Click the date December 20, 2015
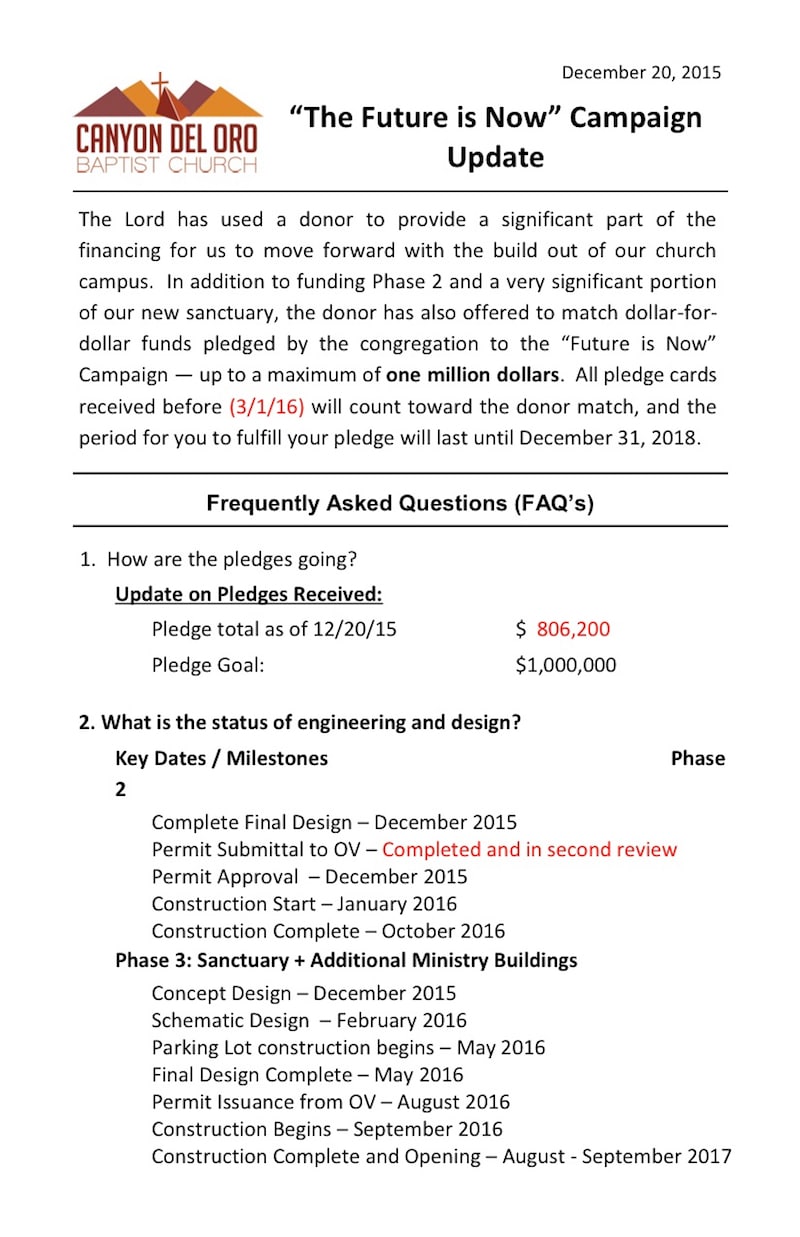(x=641, y=72)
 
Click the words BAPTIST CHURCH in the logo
(x=166, y=164)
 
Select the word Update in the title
(x=495, y=158)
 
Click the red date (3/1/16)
(x=266, y=407)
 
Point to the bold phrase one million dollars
(x=473, y=376)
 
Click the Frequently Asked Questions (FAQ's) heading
(x=400, y=503)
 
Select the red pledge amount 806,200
(x=573, y=629)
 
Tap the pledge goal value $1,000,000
(x=566, y=665)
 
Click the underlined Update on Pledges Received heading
(x=249, y=594)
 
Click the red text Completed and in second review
(x=529, y=849)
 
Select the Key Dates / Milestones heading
(x=221, y=758)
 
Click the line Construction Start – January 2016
(x=304, y=904)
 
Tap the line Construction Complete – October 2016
(x=328, y=931)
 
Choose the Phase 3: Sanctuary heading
(x=346, y=960)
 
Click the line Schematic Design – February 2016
(x=309, y=1021)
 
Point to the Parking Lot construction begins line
(x=348, y=1048)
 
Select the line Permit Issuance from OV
(x=330, y=1102)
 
